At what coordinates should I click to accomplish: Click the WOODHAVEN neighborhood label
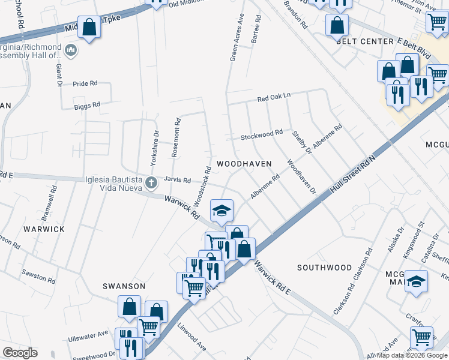pos(244,163)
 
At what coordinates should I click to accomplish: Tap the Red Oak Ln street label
pos(274,97)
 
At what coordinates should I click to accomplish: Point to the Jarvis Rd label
pos(178,179)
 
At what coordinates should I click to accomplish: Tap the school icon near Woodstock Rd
pos(221,211)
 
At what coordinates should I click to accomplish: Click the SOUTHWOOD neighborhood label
pos(324,267)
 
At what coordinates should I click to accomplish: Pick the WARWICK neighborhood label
pos(44,229)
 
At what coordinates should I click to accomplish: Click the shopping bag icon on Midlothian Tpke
pos(89,28)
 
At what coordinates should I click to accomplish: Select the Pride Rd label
pos(85,84)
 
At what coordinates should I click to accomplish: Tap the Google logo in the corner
pos(20,353)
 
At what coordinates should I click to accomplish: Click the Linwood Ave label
pos(191,343)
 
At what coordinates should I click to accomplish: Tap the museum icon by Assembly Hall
pos(71,49)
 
